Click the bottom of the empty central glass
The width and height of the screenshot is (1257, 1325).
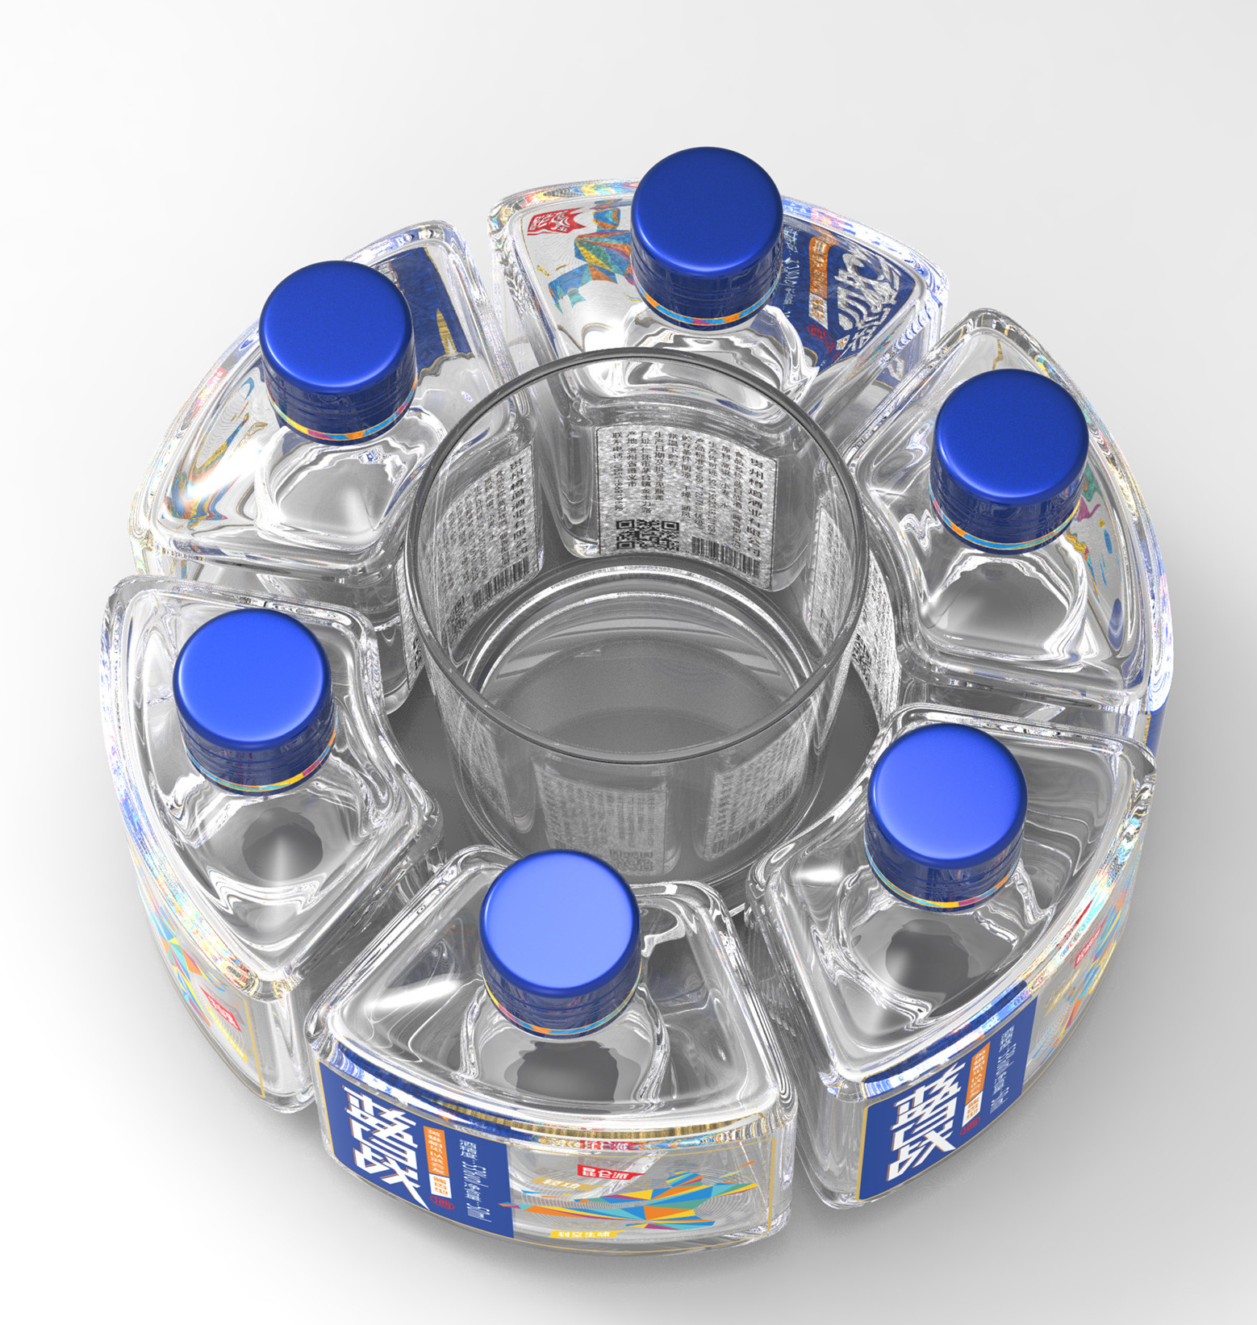click(637, 710)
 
